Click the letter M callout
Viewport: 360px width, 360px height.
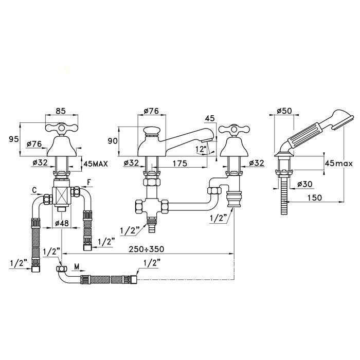(76, 267)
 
